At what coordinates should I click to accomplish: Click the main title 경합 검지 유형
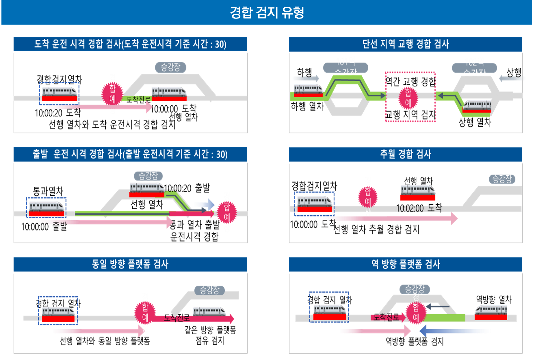267,12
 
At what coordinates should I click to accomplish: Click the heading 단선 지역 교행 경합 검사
405,44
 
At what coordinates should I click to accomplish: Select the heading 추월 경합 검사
405,154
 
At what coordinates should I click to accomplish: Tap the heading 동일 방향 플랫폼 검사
130,264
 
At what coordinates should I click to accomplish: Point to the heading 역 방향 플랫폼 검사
405,264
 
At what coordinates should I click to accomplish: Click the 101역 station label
345,61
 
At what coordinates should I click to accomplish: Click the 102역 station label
474,61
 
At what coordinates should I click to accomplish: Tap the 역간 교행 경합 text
410,82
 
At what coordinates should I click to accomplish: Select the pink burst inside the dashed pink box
408,98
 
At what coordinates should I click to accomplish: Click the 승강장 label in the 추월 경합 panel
502,179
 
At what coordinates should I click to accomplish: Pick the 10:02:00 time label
410,209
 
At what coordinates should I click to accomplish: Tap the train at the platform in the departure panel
147,190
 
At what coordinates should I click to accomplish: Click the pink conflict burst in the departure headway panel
227,213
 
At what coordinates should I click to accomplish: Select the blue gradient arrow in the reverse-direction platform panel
455,331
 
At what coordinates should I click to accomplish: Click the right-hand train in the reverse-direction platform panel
491,312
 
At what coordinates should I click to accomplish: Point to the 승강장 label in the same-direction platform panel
210,290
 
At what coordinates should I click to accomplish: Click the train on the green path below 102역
477,106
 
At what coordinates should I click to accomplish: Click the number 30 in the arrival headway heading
221,44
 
